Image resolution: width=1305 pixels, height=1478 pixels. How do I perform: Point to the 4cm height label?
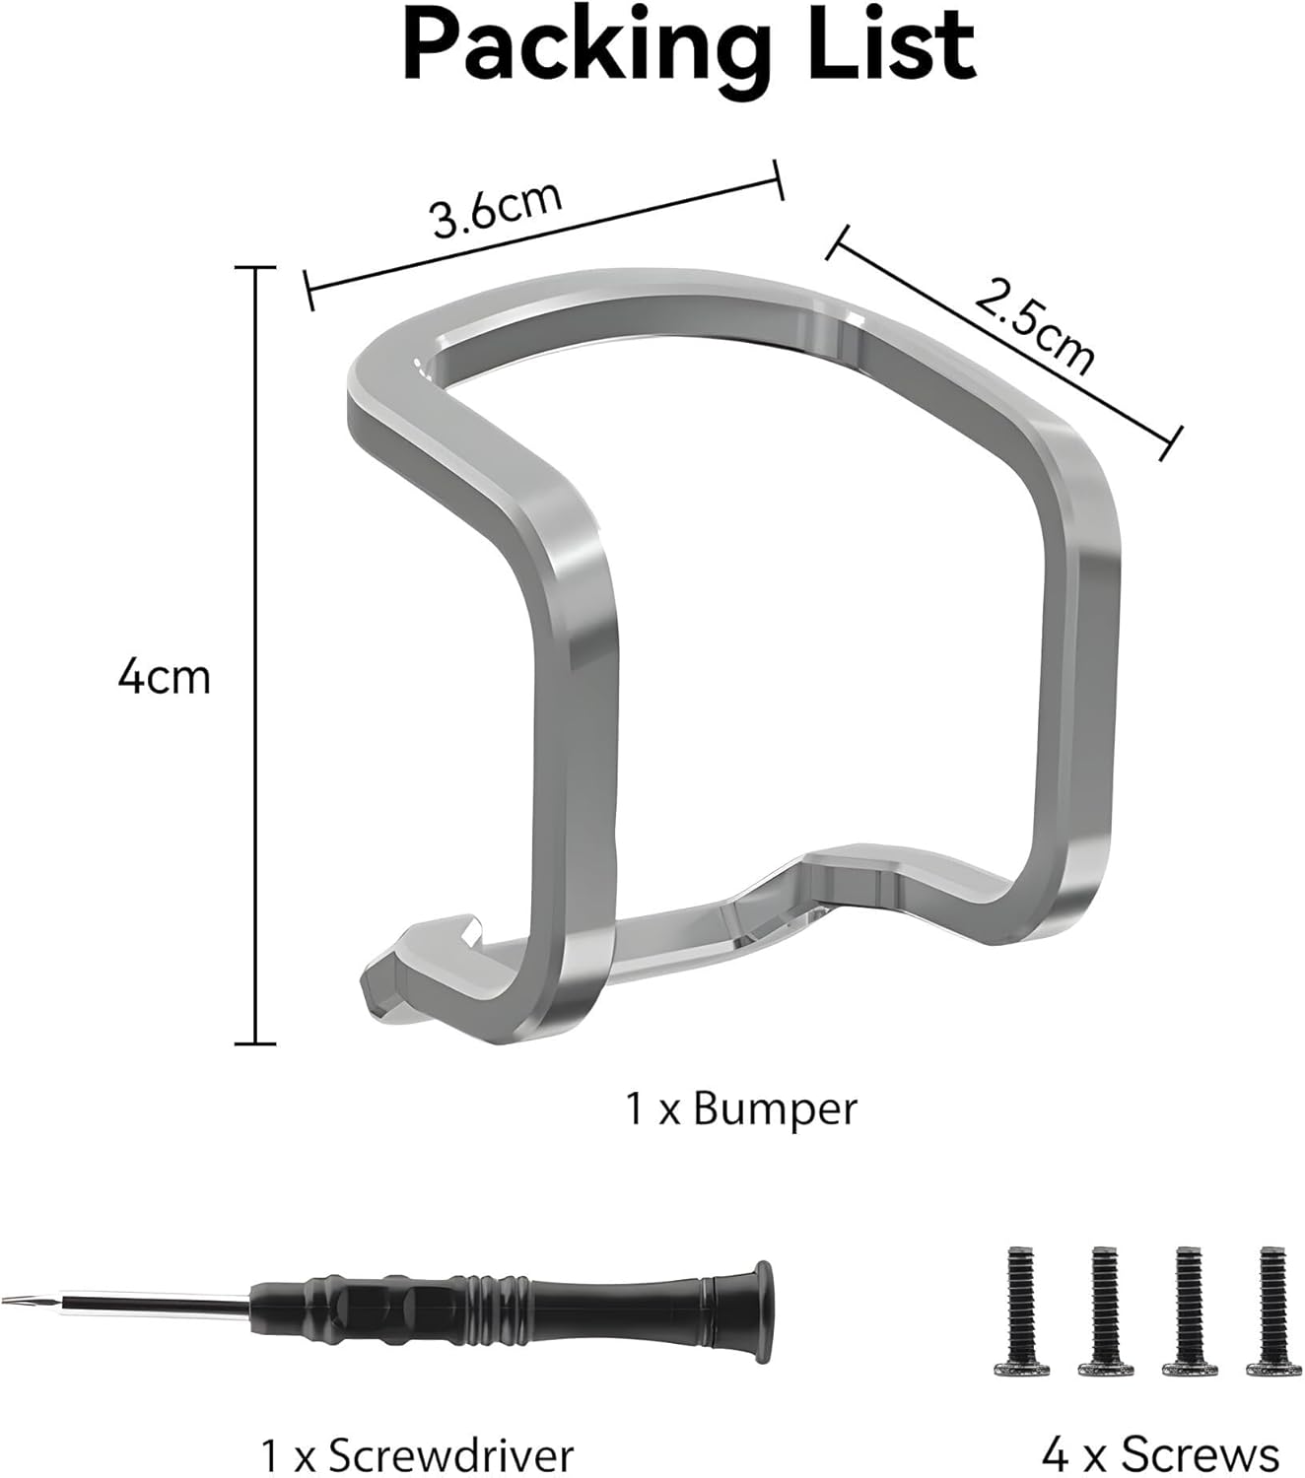[165, 678]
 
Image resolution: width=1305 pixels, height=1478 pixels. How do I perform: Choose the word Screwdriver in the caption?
[450, 1434]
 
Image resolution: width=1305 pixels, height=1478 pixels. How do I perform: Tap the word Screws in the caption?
[1200, 1434]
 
